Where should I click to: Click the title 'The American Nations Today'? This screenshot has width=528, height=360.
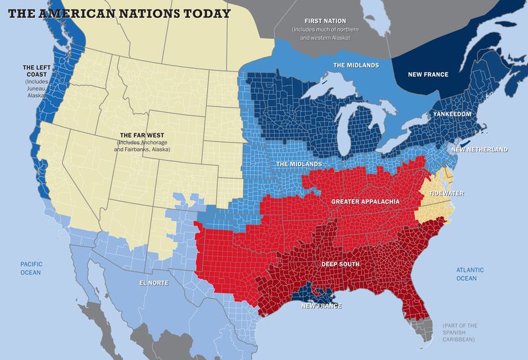tap(119, 13)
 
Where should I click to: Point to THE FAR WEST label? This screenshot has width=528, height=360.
tap(142, 134)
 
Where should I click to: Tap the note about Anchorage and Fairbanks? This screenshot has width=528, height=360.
tap(142, 146)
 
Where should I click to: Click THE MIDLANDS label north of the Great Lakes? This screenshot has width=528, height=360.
tap(357, 65)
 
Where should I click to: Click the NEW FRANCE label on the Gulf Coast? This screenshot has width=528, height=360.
tap(321, 306)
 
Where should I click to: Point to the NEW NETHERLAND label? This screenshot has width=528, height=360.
tap(479, 150)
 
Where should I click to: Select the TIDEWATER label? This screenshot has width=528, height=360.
tap(446, 194)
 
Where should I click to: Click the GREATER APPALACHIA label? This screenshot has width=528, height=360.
tap(365, 201)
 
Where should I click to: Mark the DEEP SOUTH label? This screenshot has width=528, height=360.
tap(341, 264)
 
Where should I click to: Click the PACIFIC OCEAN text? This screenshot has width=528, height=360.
tap(30, 268)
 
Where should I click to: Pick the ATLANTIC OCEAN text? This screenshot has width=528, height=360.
tap(471, 274)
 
